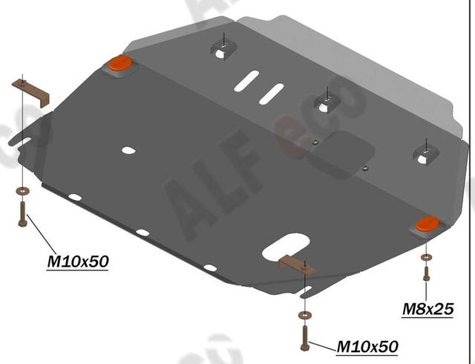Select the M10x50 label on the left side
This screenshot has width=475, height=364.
pos(78,261)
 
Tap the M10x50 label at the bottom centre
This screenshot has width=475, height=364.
pos(367,346)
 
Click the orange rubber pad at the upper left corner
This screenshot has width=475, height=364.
pos(119,65)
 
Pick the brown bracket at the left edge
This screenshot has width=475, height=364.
pos(30,91)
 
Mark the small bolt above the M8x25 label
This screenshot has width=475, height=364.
pos(425,273)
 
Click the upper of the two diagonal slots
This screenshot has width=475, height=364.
pos(247,79)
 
